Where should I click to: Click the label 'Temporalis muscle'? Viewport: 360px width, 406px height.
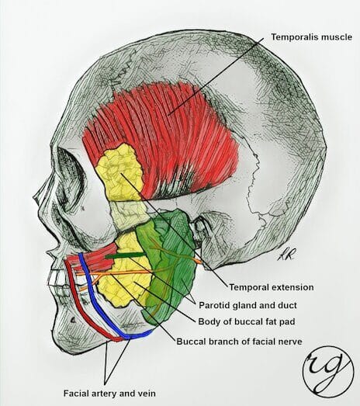pos(311,37)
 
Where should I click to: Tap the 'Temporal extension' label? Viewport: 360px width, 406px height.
pos(272,287)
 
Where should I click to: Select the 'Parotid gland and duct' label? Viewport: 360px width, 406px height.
pos(247,305)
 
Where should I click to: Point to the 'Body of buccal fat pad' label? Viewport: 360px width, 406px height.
pos(247,321)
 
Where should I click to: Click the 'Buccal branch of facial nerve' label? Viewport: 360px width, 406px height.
pos(239,342)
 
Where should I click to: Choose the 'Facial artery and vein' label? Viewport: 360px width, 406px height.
pos(109,394)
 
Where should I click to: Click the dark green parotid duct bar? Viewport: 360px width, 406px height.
pos(124,255)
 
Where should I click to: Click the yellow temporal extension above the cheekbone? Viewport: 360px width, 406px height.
pos(119,173)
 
